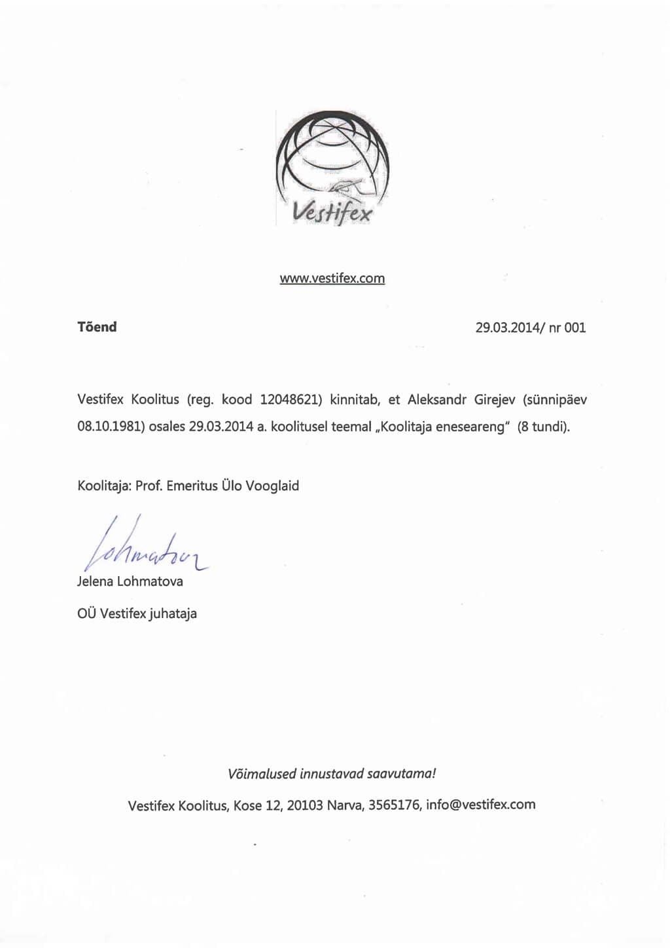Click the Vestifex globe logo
332,168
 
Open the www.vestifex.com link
332,278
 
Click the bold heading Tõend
97,327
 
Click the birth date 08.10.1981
110,427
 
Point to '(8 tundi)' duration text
544,427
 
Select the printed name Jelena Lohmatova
130,581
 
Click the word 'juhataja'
173,614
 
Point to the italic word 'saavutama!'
401,773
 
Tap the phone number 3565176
393,805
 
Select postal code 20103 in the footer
305,805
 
